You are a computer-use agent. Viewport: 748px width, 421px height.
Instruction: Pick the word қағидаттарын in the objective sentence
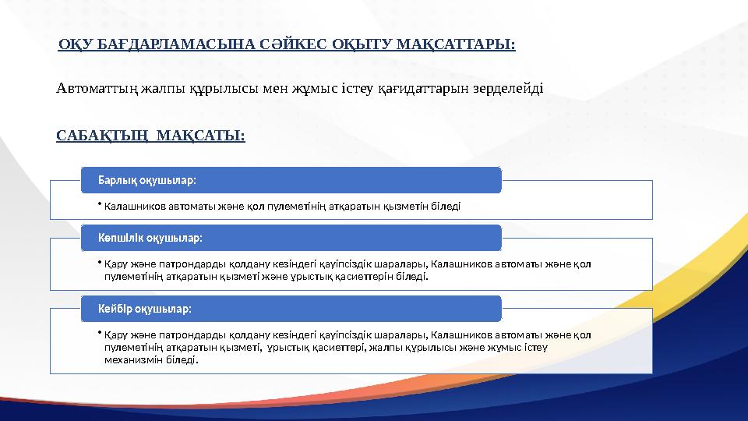[422, 88]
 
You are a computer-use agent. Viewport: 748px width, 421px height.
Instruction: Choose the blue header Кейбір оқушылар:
[144, 309]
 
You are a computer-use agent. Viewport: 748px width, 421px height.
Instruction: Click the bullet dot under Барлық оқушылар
[101, 206]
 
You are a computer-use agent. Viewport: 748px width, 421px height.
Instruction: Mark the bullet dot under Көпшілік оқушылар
[101, 264]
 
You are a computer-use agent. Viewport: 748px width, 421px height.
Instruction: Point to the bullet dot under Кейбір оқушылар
[101, 334]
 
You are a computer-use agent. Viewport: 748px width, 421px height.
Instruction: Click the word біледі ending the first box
[446, 207]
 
